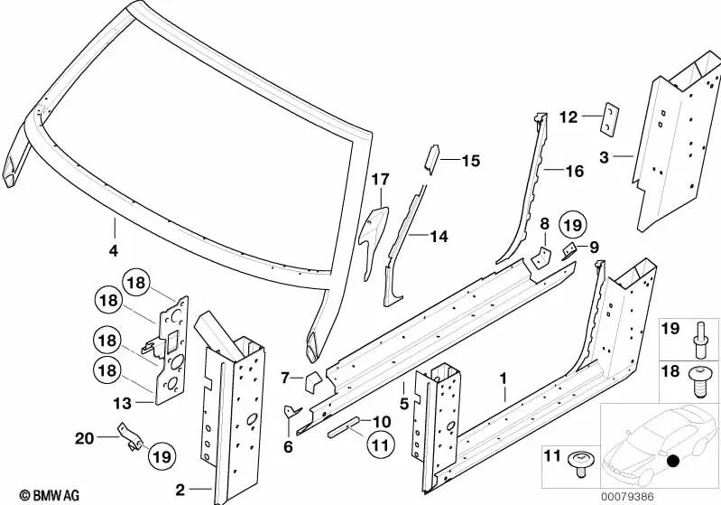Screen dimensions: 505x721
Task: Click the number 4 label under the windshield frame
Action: click(114, 249)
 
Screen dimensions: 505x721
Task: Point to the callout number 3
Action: click(604, 156)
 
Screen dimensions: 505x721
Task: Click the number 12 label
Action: click(568, 117)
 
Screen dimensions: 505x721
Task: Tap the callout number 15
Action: click(471, 162)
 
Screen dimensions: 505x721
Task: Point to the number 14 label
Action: click(438, 237)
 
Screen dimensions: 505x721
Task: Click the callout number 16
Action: click(575, 171)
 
